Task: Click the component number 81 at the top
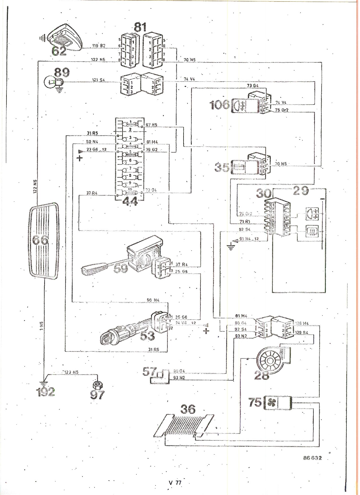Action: pyautogui.click(x=140, y=27)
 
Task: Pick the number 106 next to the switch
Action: pyautogui.click(x=220, y=105)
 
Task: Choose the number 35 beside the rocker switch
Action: pyautogui.click(x=222, y=167)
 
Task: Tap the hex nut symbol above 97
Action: pyautogui.click(x=97, y=385)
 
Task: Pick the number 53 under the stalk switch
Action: pyautogui.click(x=147, y=336)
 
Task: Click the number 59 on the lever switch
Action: pyautogui.click(x=121, y=269)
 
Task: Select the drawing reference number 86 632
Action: pyautogui.click(x=313, y=458)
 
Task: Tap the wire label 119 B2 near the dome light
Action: pyautogui.click(x=99, y=45)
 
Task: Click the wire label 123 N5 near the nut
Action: pyautogui.click(x=71, y=372)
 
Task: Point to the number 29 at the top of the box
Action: pyautogui.click(x=301, y=191)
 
